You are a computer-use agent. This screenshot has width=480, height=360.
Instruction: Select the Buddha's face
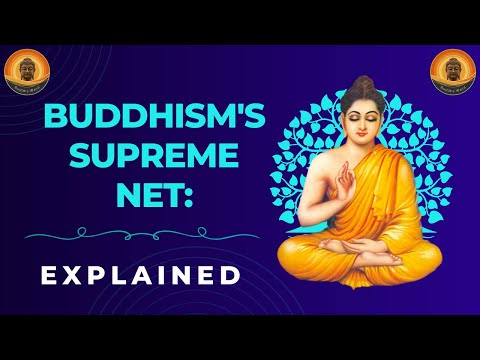pos(360,121)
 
